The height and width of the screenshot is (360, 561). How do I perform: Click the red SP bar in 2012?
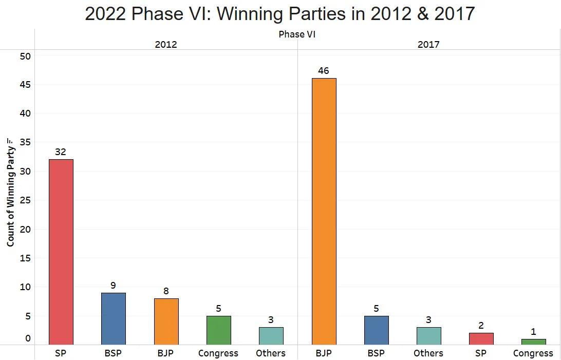pyautogui.click(x=61, y=252)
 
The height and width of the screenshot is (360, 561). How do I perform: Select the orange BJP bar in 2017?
pyautogui.click(x=324, y=211)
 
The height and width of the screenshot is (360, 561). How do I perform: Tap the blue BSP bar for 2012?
pyautogui.click(x=114, y=318)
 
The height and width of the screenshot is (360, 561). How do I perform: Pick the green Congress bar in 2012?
pyautogui.click(x=218, y=330)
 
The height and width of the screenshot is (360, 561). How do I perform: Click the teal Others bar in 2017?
pyautogui.click(x=428, y=336)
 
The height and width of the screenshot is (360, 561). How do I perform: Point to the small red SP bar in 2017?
pyautogui.click(x=481, y=339)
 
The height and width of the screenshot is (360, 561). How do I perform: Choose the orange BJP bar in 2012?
pyautogui.click(x=166, y=321)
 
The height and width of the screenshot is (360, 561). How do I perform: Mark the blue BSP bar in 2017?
pyautogui.click(x=376, y=330)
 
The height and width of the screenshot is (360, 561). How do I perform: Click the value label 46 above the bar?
pyautogui.click(x=323, y=71)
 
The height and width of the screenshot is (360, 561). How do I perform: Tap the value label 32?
pyautogui.click(x=61, y=152)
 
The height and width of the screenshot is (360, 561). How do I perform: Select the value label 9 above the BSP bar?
pyautogui.click(x=113, y=286)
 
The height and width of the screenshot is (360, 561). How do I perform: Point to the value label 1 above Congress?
pyautogui.click(x=533, y=332)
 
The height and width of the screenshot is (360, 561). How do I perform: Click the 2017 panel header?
pyautogui.click(x=428, y=45)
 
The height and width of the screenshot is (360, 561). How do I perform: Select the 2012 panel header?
pyautogui.click(x=166, y=45)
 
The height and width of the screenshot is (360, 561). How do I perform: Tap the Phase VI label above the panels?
pyautogui.click(x=297, y=34)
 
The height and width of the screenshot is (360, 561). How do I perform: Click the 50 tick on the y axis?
pyautogui.click(x=25, y=56)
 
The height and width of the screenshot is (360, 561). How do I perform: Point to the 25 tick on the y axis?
pyautogui.click(x=25, y=200)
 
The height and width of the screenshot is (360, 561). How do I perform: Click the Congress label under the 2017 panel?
pyautogui.click(x=533, y=353)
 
